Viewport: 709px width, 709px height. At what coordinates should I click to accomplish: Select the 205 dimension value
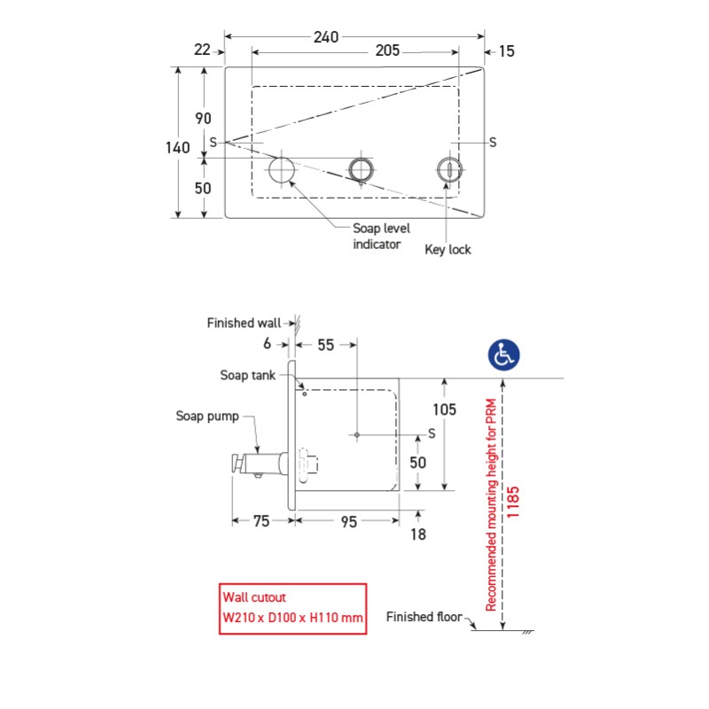[388, 51]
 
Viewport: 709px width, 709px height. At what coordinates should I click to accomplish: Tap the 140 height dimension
[178, 147]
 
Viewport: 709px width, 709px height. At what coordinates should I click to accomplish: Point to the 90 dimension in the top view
[204, 118]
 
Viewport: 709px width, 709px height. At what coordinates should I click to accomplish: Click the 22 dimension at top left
[203, 51]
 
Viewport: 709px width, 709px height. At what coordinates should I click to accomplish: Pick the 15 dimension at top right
[506, 51]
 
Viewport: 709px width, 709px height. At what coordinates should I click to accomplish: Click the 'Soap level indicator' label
[381, 236]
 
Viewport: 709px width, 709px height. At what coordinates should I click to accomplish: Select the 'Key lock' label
[448, 250]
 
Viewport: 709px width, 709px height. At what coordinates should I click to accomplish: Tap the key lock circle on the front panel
[449, 168]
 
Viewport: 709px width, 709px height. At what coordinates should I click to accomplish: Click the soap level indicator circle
[283, 168]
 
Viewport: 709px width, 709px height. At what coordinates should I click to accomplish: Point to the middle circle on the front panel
[360, 168]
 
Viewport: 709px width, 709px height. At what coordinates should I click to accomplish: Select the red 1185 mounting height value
[514, 503]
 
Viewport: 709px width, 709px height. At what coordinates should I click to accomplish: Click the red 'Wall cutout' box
[292, 608]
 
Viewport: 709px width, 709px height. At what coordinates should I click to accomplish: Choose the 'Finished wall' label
[245, 323]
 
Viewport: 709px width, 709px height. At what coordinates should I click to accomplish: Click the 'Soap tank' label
[248, 375]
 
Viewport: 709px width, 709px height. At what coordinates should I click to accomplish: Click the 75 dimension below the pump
[261, 522]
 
